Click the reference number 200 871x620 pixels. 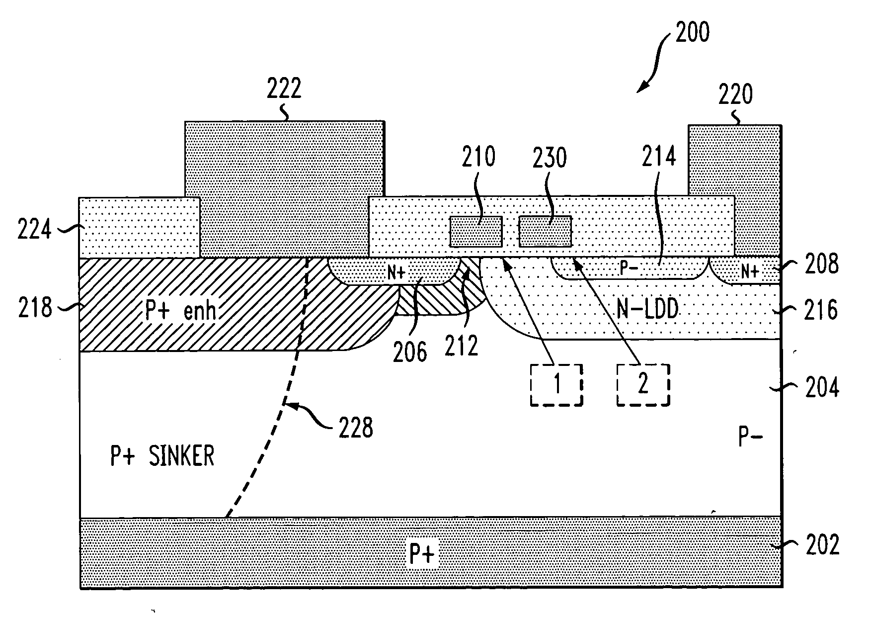coord(692,33)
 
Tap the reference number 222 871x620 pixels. coord(284,89)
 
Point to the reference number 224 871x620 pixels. coord(34,231)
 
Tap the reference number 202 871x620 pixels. coord(822,545)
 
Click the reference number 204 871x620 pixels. coord(822,387)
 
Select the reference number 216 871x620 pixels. coord(822,310)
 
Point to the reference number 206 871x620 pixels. coord(410,352)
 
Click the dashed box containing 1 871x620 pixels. coord(556,385)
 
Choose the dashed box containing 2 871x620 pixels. coord(643,385)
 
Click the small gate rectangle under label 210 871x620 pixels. coord(476,232)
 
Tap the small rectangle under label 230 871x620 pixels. coord(545,232)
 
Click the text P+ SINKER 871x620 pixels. coord(162,456)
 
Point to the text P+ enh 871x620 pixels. coord(180,311)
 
